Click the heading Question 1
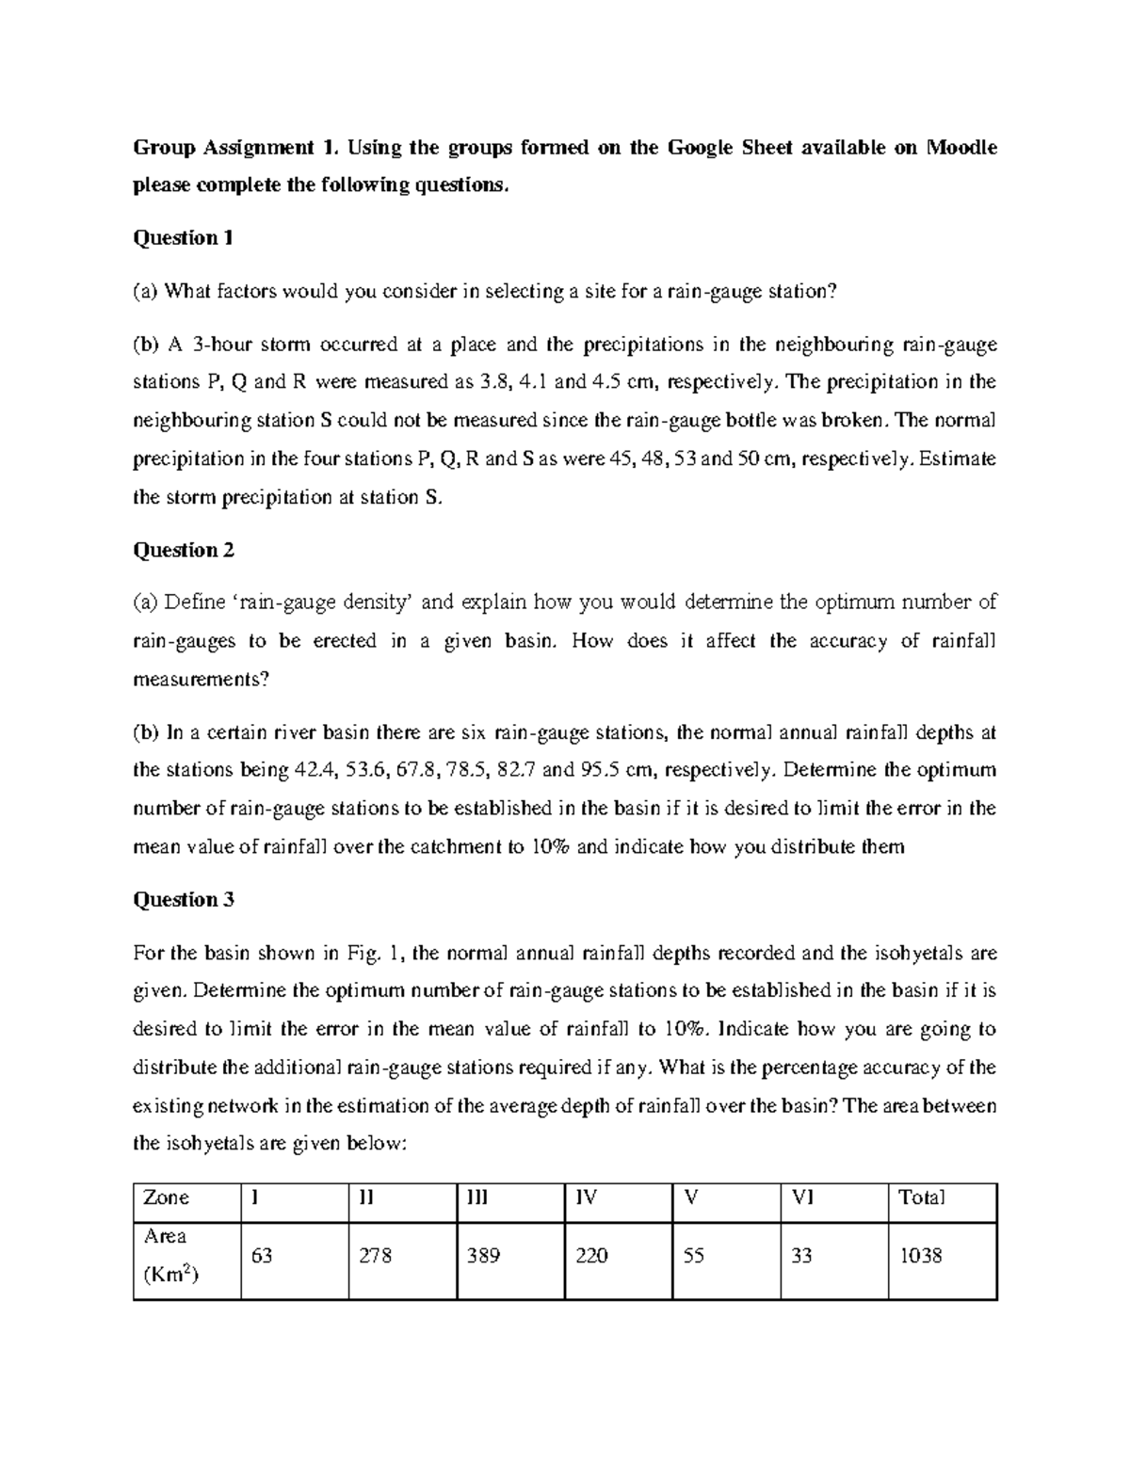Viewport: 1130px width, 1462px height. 183,238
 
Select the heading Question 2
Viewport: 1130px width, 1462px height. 184,550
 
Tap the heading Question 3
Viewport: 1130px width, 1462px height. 184,900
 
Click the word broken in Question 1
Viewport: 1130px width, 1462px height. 855,420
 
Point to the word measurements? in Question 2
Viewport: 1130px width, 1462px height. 202,679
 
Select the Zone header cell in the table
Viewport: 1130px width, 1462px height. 166,1197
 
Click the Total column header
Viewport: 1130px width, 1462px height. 921,1197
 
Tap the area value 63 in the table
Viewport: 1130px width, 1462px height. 262,1256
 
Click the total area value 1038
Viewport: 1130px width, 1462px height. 920,1256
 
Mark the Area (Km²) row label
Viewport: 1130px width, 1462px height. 166,1256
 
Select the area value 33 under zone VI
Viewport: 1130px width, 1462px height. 801,1256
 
